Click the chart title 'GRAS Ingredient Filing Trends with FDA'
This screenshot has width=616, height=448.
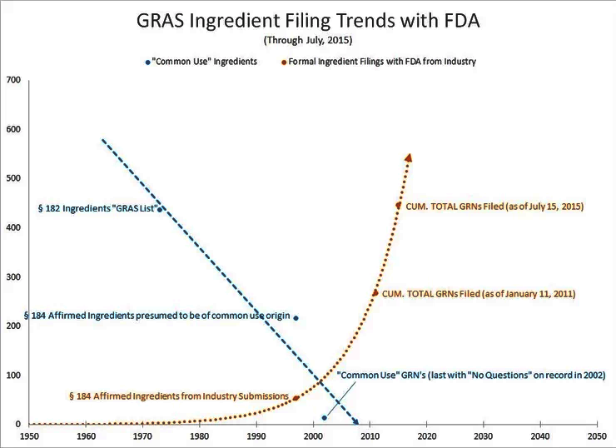307,21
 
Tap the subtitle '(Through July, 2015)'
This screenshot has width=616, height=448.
307,40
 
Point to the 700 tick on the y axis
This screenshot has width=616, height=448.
13,80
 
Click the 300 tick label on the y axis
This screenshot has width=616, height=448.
13,276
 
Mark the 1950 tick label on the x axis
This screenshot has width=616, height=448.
29,436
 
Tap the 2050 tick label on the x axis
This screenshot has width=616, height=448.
595,436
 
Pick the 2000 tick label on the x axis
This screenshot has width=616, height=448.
312,436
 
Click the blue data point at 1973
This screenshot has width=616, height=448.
160,209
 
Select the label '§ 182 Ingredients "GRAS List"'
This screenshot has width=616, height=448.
97,209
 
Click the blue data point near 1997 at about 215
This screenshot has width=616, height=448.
296,318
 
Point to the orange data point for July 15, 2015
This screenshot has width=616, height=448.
398,206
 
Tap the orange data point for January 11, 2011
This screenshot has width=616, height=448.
375,293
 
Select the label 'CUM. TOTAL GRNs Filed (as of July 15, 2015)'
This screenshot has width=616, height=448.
491,206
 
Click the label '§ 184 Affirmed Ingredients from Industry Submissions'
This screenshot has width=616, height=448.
178,396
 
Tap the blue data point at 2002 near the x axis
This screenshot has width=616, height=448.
324,417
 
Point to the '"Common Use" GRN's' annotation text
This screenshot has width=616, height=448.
470,376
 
